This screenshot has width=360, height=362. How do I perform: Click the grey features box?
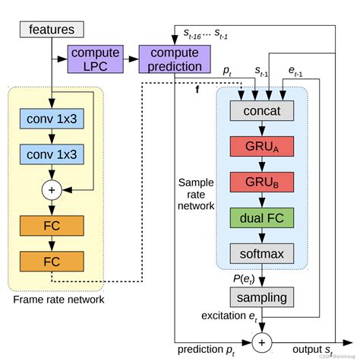[x=51, y=30]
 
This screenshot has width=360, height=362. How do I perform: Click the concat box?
[x=261, y=112]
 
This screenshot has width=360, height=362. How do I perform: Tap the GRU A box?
[x=261, y=147]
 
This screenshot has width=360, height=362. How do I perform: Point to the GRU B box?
[x=261, y=183]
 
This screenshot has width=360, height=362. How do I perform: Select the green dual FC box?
[x=261, y=217]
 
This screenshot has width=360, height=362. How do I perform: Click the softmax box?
[x=261, y=252]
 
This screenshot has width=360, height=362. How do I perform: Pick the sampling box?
[x=261, y=297]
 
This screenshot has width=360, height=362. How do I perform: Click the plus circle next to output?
[x=261, y=343]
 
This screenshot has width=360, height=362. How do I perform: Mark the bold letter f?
[x=198, y=90]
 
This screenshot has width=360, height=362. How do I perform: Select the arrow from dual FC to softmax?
[x=261, y=235]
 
